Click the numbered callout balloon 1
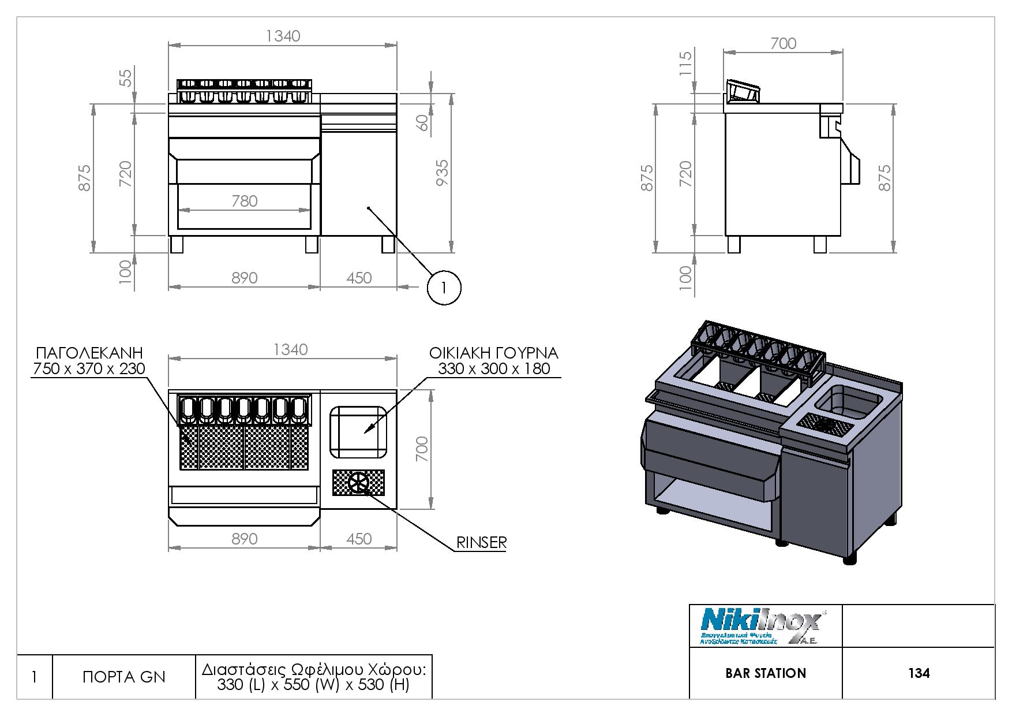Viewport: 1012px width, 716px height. (444, 287)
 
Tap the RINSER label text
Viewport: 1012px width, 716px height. (481, 543)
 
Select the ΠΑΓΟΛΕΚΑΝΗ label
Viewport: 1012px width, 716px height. (89, 353)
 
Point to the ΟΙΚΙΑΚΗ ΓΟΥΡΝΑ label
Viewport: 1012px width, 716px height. (493, 353)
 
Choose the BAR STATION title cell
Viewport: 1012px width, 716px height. (766, 673)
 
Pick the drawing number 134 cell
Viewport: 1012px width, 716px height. (919, 673)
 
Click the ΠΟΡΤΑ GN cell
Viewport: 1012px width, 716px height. (123, 677)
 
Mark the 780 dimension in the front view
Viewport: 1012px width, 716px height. (244, 201)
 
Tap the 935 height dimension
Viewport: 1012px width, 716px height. (442, 173)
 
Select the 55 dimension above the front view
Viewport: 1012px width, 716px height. (126, 77)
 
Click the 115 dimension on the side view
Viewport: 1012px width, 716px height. (685, 63)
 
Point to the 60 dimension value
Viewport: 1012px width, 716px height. (423, 122)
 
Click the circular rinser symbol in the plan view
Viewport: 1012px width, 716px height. (358, 483)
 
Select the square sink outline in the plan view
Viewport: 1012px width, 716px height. (358, 431)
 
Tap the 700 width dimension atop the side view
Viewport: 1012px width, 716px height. (783, 43)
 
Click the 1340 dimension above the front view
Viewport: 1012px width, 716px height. (283, 36)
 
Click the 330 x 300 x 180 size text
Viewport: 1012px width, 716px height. (494, 368)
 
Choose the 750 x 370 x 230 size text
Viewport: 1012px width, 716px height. (89, 368)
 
